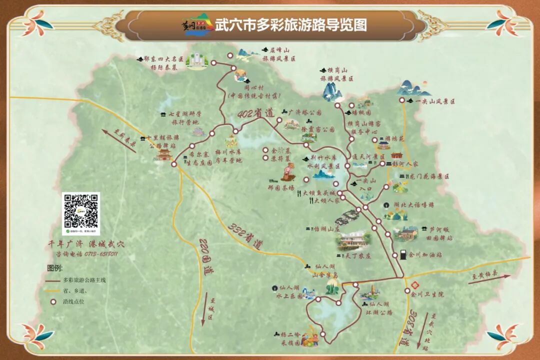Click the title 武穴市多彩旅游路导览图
290,25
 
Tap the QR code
81,213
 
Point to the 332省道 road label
245,235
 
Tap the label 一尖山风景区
435,101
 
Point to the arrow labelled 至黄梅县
490,278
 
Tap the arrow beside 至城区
204,312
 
